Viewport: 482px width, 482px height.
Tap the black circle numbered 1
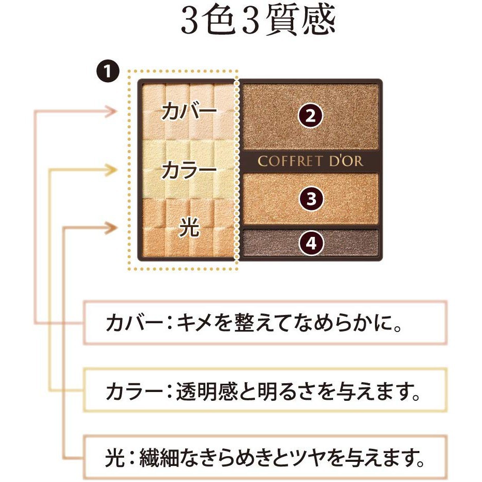[x=108, y=72]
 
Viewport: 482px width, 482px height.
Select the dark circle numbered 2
[x=310, y=116]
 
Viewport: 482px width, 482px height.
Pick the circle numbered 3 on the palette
[x=311, y=199]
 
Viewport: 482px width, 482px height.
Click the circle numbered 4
[x=311, y=244]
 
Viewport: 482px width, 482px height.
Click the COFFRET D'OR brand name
[x=310, y=161]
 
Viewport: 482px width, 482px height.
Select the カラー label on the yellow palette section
[x=189, y=170]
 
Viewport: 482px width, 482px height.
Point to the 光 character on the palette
[x=189, y=228]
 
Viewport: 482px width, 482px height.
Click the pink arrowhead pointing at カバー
[x=111, y=111]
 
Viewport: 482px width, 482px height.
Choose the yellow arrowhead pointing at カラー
[x=111, y=170]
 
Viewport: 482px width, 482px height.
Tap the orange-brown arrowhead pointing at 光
[x=111, y=228]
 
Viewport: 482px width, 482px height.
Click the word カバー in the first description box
[x=134, y=323]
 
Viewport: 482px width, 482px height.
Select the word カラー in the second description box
[x=134, y=391]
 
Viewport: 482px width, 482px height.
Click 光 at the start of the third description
[x=115, y=458]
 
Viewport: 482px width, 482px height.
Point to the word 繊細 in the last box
[x=159, y=458]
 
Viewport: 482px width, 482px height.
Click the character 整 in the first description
[x=245, y=323]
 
